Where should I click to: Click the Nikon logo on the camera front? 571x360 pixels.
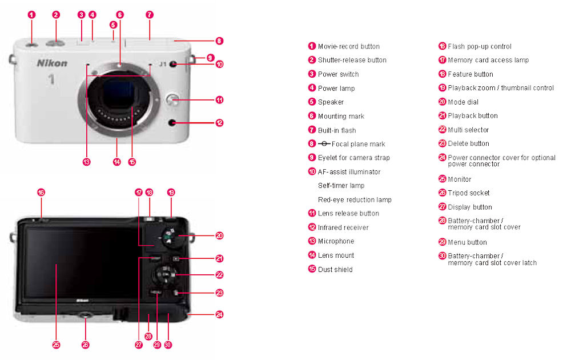pos(52,63)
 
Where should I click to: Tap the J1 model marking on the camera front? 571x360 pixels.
pos(163,64)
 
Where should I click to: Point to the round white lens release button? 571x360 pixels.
pos(173,100)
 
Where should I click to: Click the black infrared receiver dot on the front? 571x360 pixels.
pos(172,123)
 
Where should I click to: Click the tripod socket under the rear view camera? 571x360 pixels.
pos(86,315)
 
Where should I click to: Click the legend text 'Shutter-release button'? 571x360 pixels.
pos(352,60)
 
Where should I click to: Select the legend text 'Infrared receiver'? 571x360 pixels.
pos(343,227)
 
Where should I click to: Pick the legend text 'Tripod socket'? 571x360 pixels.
pos(468,193)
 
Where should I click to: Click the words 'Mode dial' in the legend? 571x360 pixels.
pos(463,102)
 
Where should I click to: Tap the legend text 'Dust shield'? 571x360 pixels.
pos(335,269)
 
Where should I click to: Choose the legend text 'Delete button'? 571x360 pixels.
pos(468,143)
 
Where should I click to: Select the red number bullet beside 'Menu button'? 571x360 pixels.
pos(442,242)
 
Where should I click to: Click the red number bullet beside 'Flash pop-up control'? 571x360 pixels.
pos(442,46)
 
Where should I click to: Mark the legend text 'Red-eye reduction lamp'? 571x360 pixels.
pos(355,200)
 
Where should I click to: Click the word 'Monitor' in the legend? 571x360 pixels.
pos(460,179)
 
